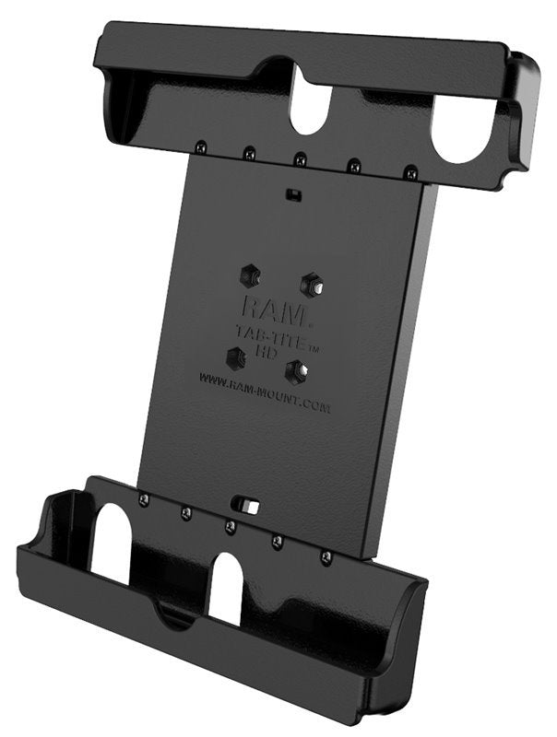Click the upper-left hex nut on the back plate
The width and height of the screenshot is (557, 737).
click(249, 274)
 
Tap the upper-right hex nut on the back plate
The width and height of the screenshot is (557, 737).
click(311, 283)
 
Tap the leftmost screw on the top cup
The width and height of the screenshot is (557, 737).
click(199, 146)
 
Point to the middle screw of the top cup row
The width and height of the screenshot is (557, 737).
click(300, 158)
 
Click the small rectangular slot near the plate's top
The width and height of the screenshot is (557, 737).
click(292, 195)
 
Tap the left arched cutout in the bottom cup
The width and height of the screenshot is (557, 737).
click(112, 544)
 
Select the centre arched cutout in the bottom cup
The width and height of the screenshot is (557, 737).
click(225, 587)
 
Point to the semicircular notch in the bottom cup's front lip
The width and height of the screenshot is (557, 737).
click(175, 615)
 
